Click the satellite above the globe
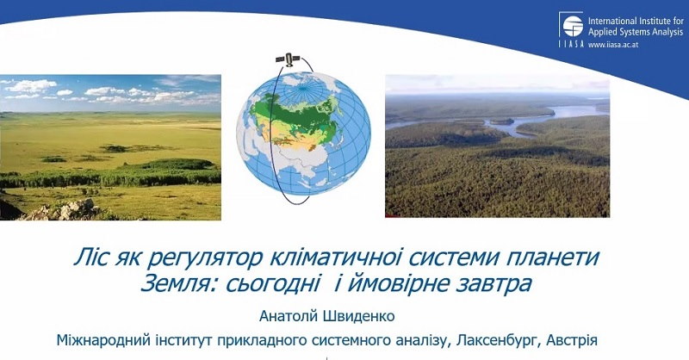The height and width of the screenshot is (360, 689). point(288,59)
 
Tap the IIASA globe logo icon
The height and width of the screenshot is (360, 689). point(573,27)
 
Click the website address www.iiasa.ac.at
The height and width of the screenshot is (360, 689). point(613,45)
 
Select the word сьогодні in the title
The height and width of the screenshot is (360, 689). point(272,284)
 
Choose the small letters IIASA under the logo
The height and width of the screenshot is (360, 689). point(571,44)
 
